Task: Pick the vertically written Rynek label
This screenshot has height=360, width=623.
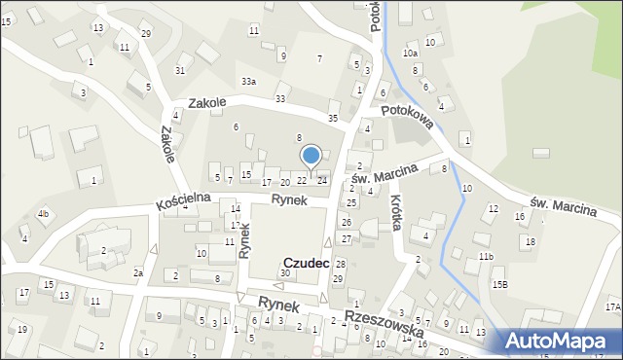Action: [245, 237]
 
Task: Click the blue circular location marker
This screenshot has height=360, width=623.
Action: [311, 156]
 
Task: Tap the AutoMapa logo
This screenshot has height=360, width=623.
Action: [560, 341]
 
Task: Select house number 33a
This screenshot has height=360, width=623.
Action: [249, 82]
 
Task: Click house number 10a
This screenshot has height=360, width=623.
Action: [410, 53]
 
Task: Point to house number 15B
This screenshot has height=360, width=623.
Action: [499, 284]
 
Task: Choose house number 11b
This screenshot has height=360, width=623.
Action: [486, 256]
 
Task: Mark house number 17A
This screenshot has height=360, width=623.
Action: [611, 307]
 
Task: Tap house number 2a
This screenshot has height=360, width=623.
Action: [138, 272]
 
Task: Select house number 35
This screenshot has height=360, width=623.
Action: [333, 118]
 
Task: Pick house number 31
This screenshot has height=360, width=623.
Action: [180, 70]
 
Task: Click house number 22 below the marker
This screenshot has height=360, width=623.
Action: [302, 181]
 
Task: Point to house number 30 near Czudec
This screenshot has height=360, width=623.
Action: [285, 273]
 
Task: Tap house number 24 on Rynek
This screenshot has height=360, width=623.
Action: [322, 180]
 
